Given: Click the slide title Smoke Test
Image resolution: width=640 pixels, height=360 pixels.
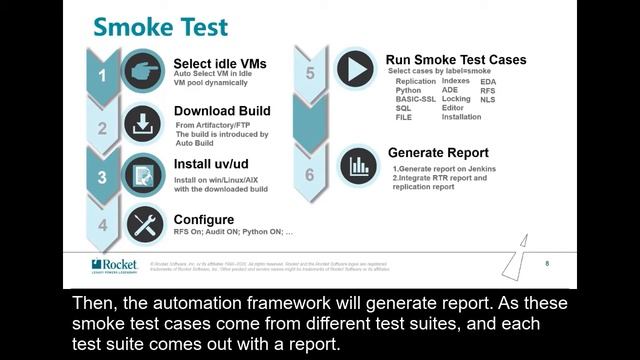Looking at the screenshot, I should pos(161,26).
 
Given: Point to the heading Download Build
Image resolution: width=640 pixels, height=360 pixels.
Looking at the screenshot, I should pos(222,111).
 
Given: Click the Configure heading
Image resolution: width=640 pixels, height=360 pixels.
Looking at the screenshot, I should pos(204,219).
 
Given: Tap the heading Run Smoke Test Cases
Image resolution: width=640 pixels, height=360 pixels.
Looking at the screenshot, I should pos(456,60).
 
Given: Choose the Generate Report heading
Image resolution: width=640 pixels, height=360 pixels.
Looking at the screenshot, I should pos(438,153).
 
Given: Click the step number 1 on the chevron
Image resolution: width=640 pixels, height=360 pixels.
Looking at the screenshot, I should pos(101,74).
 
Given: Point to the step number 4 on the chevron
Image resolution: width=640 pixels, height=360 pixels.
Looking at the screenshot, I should pos(102,225).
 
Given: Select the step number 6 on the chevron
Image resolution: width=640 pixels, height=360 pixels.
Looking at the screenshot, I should pos(310,174).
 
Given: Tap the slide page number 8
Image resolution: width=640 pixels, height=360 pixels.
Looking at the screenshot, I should pos(547,263).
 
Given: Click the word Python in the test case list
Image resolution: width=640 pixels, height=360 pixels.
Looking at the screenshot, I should pos(408,91).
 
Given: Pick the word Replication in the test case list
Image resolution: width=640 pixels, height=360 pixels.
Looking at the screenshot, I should pos(415,82).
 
